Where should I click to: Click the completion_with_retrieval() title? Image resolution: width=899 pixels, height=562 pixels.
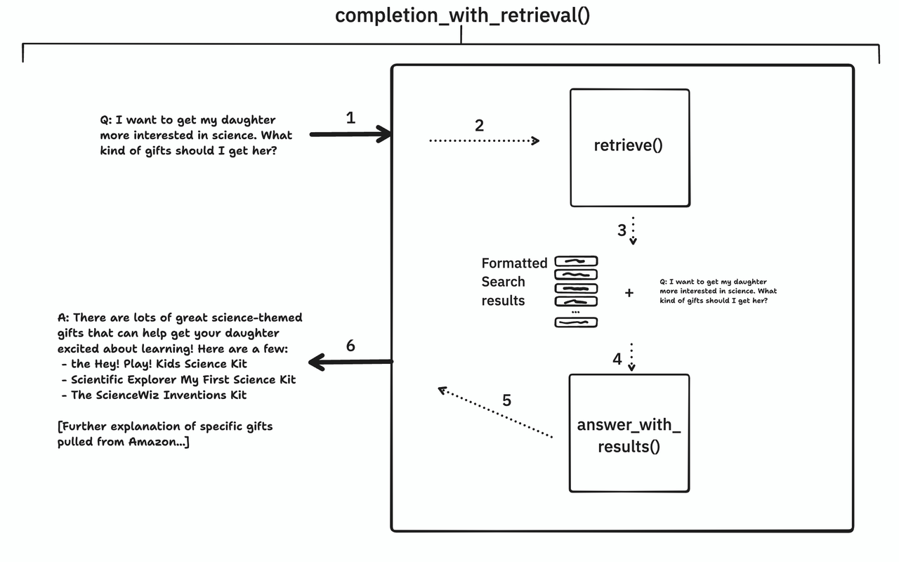coord(461,15)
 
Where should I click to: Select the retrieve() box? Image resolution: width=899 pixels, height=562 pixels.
coord(629,147)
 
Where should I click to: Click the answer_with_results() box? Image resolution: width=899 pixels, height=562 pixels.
coord(629,434)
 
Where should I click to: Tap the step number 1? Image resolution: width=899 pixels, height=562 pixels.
coord(350,118)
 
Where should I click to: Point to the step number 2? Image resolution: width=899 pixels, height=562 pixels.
coord(479,125)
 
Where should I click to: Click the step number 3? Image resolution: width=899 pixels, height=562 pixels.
coord(621,230)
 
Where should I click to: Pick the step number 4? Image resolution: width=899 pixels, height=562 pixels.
coord(617,359)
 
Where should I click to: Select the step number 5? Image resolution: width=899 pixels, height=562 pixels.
coord(506,400)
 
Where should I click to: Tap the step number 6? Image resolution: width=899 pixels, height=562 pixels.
coord(350,346)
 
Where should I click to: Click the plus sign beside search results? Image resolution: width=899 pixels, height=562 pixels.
coord(629,292)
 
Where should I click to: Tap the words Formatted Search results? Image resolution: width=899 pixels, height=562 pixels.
coord(513,282)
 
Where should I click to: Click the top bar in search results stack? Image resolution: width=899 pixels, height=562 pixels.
coord(576,261)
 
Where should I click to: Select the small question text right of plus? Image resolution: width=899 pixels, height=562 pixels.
coord(718,291)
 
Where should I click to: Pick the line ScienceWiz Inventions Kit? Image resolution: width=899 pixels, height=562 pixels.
coord(159,395)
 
